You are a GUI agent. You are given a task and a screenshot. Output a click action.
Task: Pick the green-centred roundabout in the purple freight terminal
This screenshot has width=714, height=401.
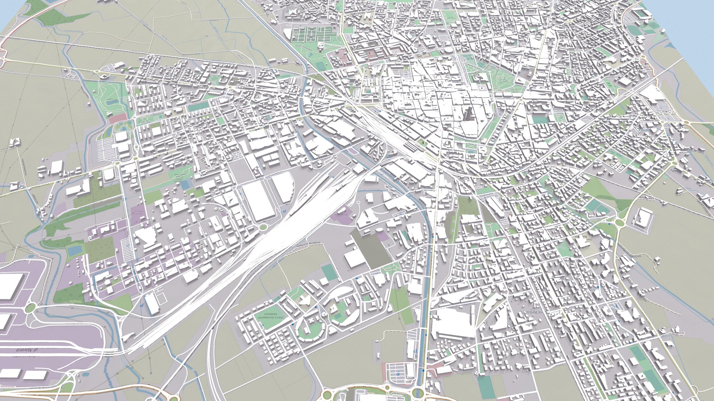point(30,307)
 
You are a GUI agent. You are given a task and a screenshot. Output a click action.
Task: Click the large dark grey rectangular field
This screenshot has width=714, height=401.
point(370,247)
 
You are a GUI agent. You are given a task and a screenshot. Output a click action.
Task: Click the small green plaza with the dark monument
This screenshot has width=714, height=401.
point(423,142)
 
